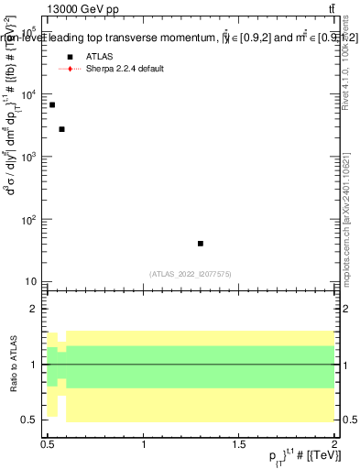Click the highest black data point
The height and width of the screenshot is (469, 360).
coord(52,105)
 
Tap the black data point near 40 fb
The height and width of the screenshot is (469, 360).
coord(201,244)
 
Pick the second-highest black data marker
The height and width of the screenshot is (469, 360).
coord(61,129)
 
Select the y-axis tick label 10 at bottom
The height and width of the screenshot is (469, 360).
coord(32,282)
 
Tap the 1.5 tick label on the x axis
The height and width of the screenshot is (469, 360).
coord(240,445)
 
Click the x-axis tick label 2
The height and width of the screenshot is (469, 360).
coord(335,445)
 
